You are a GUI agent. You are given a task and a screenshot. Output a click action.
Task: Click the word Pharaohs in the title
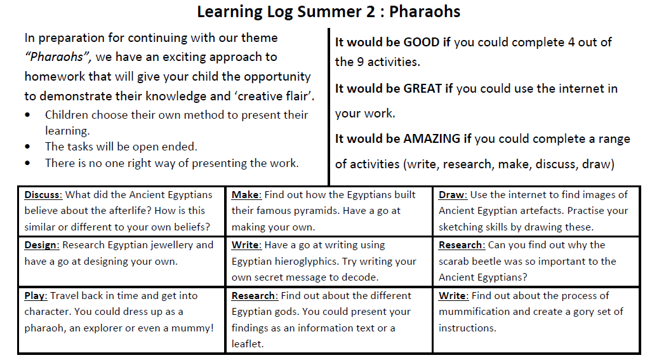coord(425,11)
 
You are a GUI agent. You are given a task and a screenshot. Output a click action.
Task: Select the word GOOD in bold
coord(421,42)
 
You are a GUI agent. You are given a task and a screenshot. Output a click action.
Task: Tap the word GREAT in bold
coord(422,88)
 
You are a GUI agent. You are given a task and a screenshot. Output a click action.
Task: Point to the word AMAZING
coord(432,138)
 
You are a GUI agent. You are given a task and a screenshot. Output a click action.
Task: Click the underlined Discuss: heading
coord(43,195)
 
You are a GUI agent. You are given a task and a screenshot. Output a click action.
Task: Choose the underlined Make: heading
coord(246,195)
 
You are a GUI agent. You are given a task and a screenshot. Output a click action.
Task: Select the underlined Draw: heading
coord(453,195)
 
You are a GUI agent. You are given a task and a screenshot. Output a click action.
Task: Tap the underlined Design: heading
coord(42,245)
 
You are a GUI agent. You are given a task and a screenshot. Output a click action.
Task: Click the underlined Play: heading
coord(36,296)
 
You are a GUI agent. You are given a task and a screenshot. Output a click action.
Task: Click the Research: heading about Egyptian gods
coord(255,296)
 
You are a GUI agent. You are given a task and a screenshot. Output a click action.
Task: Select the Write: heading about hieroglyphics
coord(246,245)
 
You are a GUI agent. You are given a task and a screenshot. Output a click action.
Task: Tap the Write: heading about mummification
coord(454,296)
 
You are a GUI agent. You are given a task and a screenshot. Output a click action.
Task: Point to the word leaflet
coord(248,343)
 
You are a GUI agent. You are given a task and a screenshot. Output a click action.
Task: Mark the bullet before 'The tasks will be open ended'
coord(27,147)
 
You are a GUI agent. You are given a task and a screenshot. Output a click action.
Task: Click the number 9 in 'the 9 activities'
coord(360,62)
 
